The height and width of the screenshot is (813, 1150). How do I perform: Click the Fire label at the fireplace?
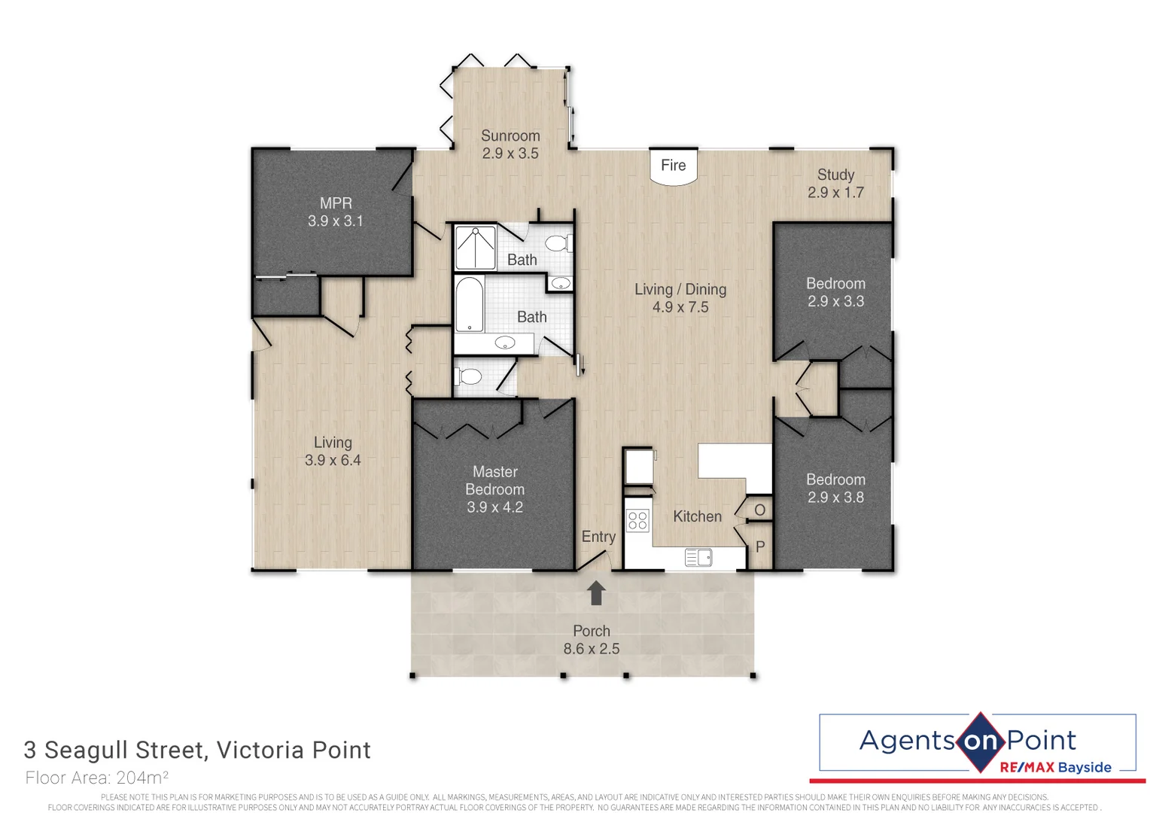tap(673, 166)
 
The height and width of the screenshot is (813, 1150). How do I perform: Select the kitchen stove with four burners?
tap(637, 520)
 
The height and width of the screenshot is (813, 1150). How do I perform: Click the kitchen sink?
tap(698, 557)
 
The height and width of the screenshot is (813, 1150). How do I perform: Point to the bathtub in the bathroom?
tap(469, 304)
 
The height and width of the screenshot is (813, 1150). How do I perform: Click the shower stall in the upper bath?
tap(475, 248)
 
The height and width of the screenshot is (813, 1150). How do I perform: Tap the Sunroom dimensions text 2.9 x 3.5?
tap(510, 154)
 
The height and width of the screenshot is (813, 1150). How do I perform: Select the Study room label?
tap(835, 175)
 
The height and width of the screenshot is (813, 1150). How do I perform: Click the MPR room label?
tap(336, 203)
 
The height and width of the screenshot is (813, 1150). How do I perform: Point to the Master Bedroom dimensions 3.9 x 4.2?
tap(494, 507)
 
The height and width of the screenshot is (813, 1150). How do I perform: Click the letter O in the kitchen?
tap(759, 510)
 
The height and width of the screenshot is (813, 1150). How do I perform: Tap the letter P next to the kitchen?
tap(760, 547)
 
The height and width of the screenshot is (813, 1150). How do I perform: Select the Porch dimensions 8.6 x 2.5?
tap(592, 649)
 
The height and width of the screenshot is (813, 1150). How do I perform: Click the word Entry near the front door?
tap(598, 537)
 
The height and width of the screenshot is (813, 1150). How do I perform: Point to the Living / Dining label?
tap(680, 290)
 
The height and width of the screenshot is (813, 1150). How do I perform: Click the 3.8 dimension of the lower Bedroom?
tap(853, 498)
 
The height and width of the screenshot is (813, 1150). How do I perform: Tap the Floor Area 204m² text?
tap(96, 778)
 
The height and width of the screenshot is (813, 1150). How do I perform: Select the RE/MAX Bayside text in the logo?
tap(1055, 767)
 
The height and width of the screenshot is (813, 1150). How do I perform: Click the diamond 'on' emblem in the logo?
tap(980, 741)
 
